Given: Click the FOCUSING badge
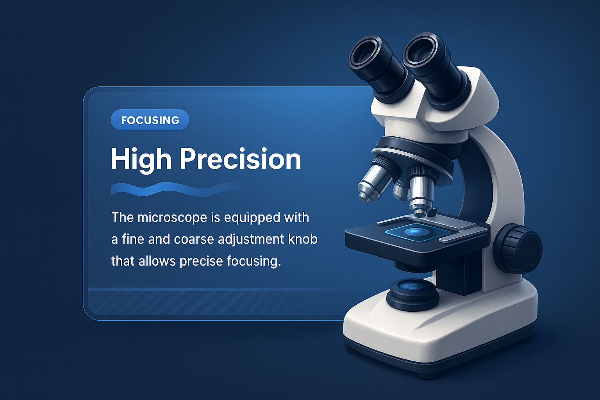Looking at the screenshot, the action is coord(150,120).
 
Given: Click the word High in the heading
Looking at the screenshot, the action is coord(141,160).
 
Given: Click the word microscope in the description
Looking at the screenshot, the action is coord(172,218).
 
